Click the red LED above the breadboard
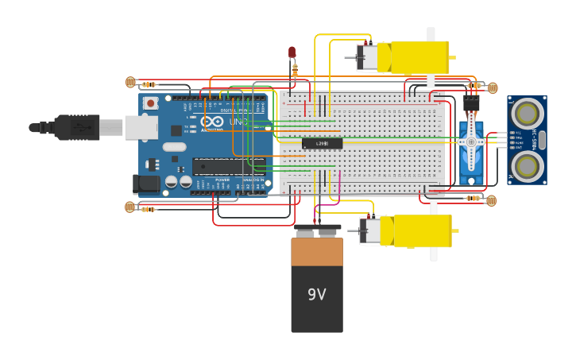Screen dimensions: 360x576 tap(292, 53)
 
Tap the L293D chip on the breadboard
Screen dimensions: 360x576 tap(322, 143)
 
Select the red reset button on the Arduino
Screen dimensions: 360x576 tap(151, 103)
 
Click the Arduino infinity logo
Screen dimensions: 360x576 tap(211, 122)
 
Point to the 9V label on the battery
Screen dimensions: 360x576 tap(317, 295)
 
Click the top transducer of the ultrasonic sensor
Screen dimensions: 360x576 tap(527, 114)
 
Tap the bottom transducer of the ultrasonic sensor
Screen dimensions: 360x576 tap(527, 166)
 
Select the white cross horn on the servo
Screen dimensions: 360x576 tap(471, 142)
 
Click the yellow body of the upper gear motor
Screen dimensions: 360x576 tap(419, 57)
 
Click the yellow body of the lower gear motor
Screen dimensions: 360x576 tap(421, 230)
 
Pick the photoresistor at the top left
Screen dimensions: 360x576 tap(131, 82)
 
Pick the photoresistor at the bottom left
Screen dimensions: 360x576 tap(130, 207)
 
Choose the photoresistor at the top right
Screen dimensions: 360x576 tap(492, 87)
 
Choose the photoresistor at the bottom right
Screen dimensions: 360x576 tap(491, 200)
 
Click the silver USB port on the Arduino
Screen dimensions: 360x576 tap(141, 127)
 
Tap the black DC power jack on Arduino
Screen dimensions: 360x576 tap(145, 184)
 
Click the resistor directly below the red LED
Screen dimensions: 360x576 tap(295, 70)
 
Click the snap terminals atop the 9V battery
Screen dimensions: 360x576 tap(317, 232)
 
